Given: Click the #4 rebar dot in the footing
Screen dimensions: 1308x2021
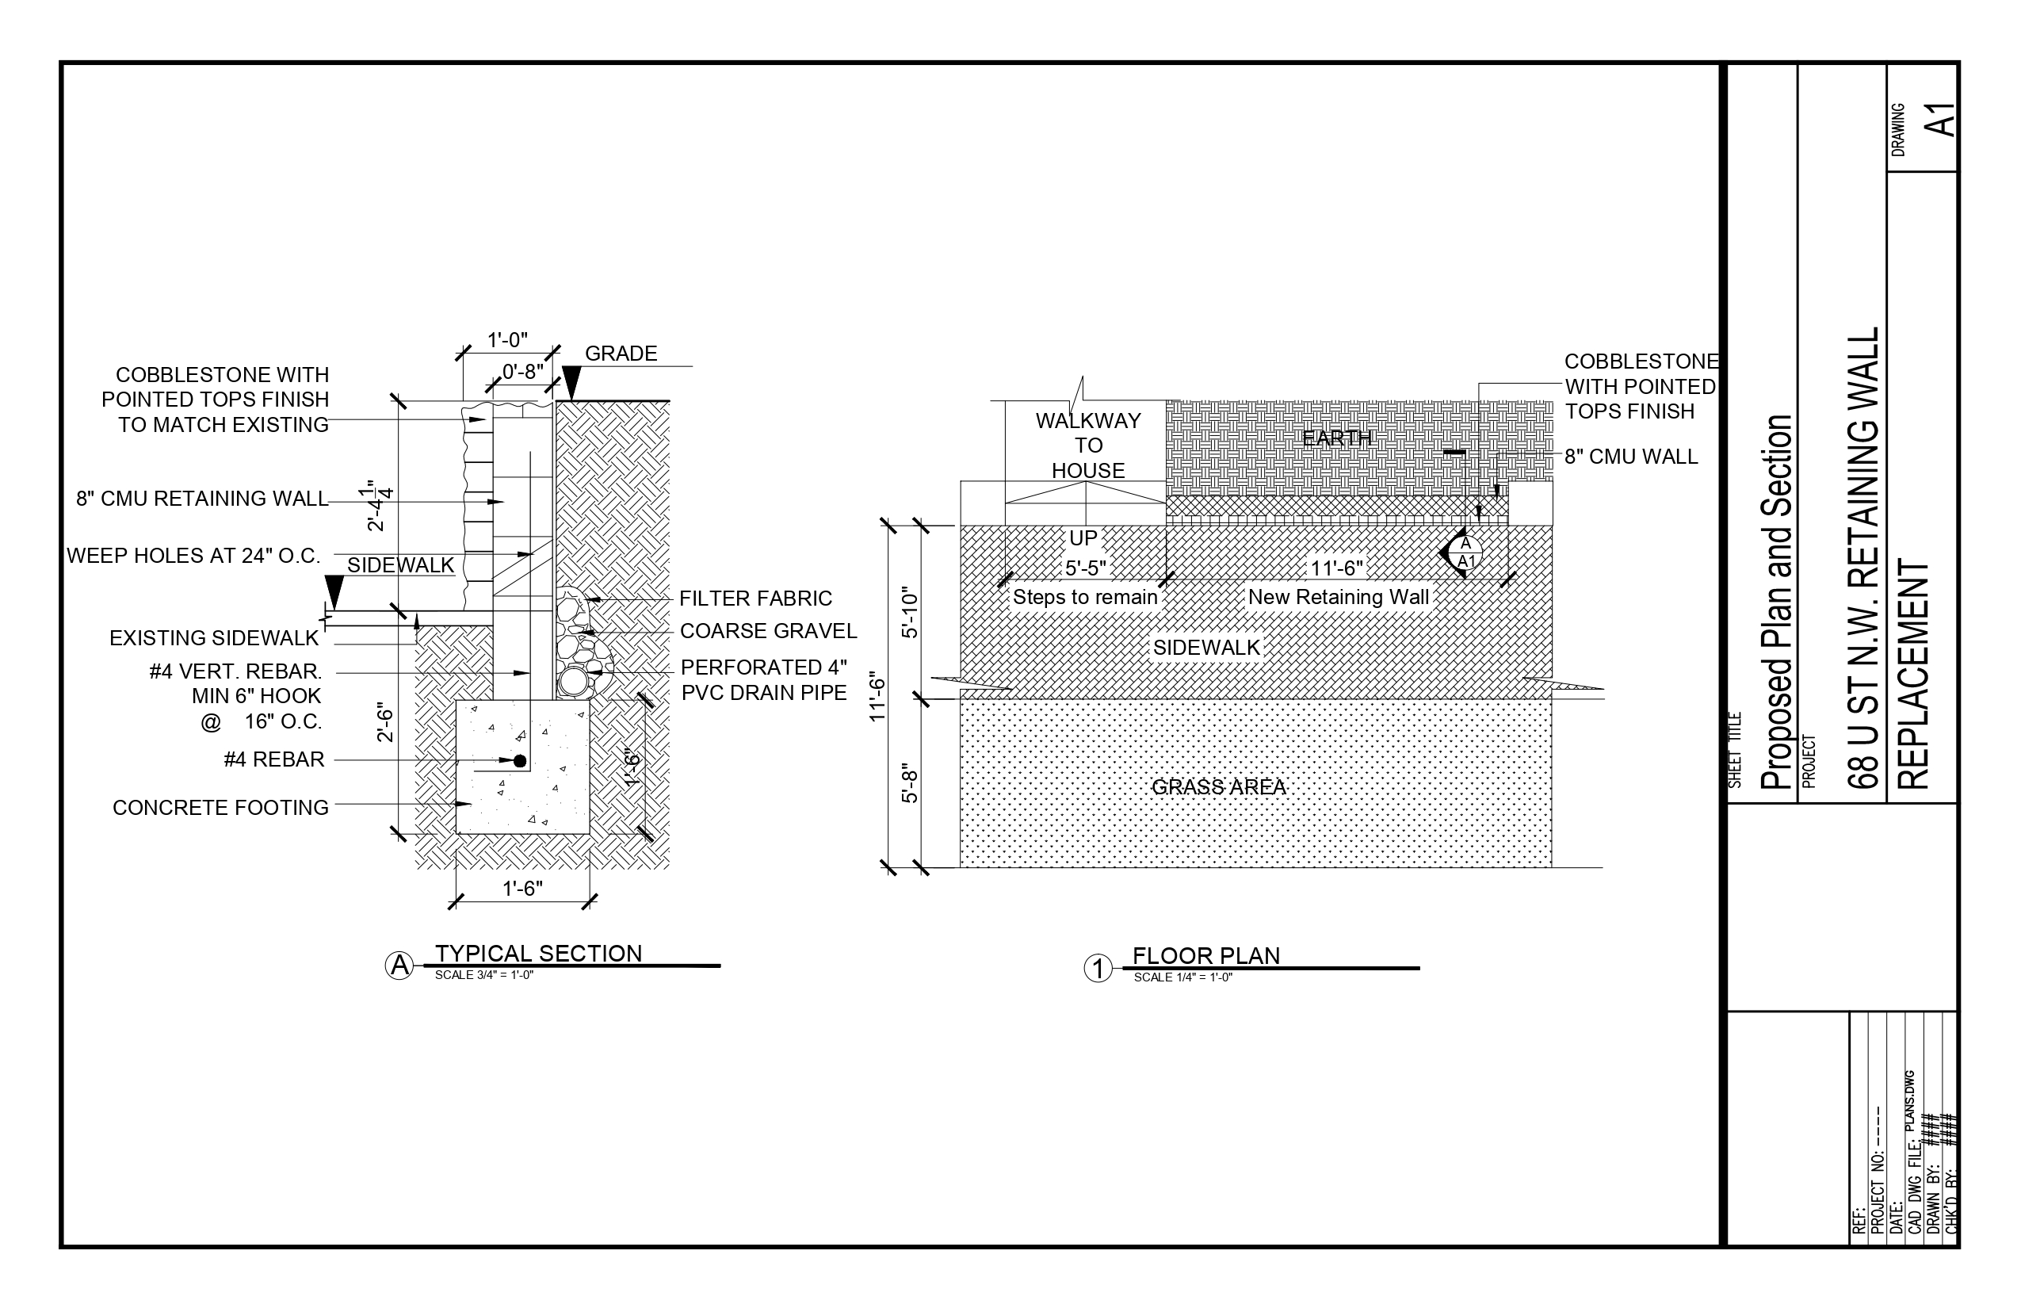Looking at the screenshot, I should (x=520, y=761).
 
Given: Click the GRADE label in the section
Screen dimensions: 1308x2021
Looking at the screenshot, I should (x=621, y=354).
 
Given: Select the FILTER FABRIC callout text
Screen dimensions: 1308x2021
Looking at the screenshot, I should (x=755, y=599).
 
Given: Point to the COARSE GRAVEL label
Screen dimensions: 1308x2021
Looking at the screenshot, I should (x=768, y=631).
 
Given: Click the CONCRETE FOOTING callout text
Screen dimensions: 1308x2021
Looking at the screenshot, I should (x=220, y=808).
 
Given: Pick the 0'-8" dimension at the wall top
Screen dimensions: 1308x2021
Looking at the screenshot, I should (x=522, y=372).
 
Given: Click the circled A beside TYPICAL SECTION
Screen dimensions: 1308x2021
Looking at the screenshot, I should (x=399, y=966).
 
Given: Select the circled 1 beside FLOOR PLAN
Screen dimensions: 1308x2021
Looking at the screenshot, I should (x=1098, y=968).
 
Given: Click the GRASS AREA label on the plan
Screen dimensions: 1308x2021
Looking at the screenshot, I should (x=1219, y=787).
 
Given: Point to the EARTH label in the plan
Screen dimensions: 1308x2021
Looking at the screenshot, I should (x=1336, y=438).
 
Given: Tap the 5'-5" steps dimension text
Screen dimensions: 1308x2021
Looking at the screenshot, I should (x=1085, y=568).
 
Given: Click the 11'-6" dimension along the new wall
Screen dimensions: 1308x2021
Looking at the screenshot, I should (x=1336, y=568).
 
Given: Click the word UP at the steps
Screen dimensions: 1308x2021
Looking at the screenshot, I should (x=1083, y=537).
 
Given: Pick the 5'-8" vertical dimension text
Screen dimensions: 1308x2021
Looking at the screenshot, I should (x=910, y=782).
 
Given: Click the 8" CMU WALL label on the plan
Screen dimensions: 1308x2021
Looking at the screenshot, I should (x=1630, y=457).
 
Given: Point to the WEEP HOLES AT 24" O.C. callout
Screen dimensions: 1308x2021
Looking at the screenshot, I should (x=193, y=556).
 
